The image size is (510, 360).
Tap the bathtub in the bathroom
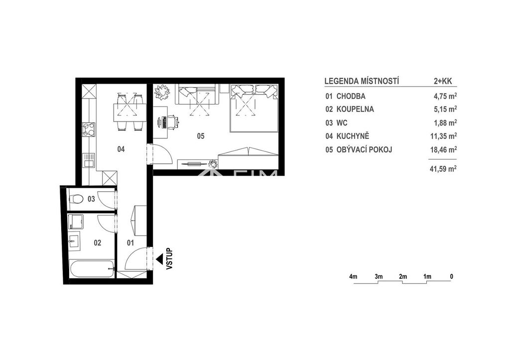pos(92,268)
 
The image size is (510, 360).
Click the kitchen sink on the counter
pos(89,160)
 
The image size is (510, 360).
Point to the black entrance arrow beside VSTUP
pos(160,259)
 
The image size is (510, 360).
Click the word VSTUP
pos(169,259)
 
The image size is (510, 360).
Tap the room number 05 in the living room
pos(201,136)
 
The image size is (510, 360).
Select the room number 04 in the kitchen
pos(121,149)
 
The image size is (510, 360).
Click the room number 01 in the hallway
pos(130,243)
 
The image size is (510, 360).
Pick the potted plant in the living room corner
pos(162,92)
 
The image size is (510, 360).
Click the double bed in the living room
pos(255,108)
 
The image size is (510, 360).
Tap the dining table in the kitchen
pos(129,113)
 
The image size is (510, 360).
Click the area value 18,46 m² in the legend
pos(443,149)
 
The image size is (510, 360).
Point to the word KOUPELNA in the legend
pos(355,109)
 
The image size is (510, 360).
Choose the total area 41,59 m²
pos(443,169)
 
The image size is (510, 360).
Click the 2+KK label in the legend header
pos(443,81)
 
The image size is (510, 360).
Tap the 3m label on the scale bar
pos(379,277)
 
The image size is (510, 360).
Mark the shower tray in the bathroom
pos(76,222)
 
